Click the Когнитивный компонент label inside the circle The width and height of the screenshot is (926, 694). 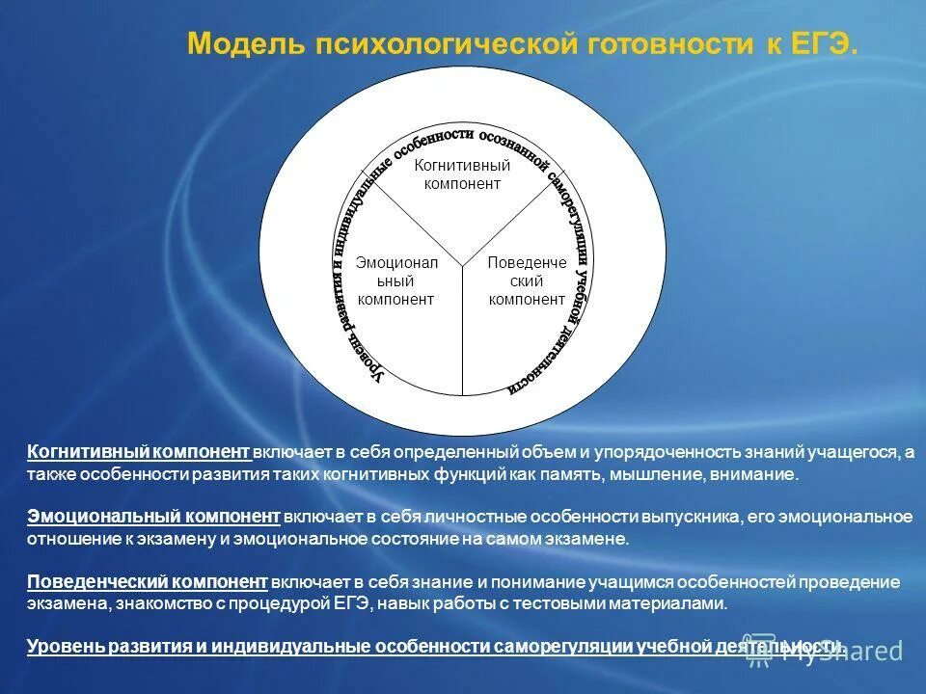pyautogui.click(x=462, y=174)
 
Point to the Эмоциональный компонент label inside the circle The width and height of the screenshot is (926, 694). pyautogui.click(x=395, y=280)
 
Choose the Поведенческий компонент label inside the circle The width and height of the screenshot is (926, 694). pyautogui.click(x=527, y=280)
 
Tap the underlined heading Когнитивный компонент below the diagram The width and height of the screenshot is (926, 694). pyautogui.click(x=139, y=453)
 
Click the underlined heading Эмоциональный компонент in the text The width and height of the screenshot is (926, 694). pyautogui.click(x=153, y=518)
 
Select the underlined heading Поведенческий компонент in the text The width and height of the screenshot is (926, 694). pyautogui.click(x=147, y=582)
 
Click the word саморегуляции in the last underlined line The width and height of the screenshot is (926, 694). pyautogui.click(x=563, y=647)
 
